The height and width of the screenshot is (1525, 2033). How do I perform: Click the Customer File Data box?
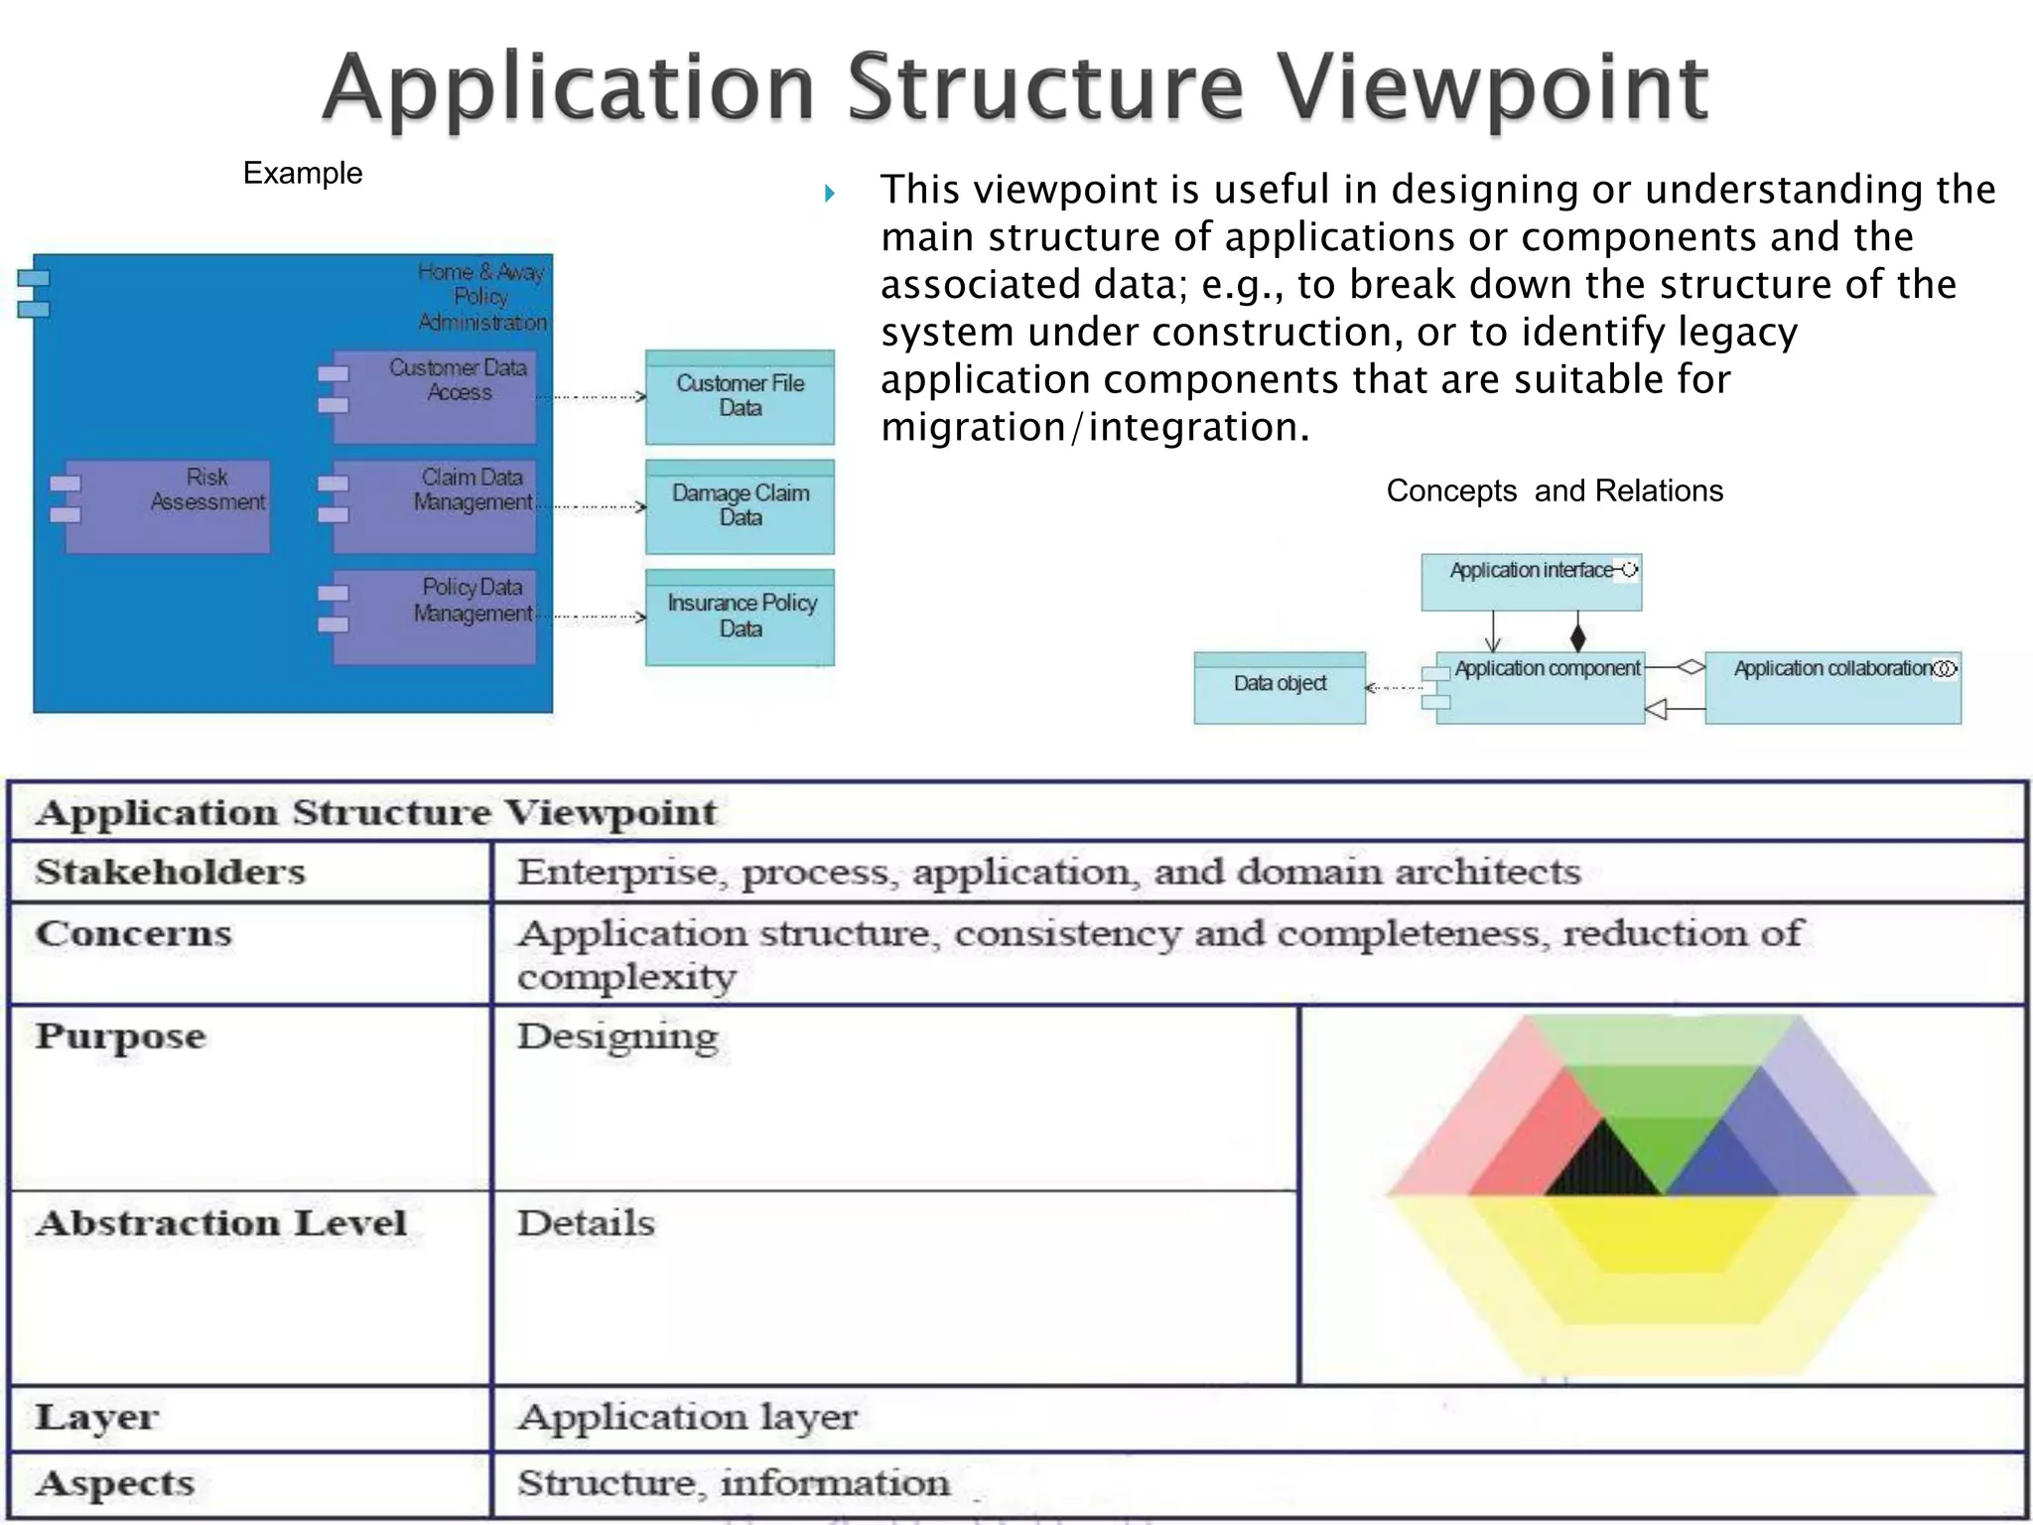click(740, 397)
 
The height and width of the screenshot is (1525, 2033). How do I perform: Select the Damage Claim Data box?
click(740, 506)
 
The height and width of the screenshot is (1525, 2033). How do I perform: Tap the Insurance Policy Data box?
click(740, 617)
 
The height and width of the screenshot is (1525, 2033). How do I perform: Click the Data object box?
click(1280, 687)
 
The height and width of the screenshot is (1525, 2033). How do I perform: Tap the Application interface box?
click(1531, 582)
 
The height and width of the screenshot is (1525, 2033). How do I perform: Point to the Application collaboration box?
click(1832, 687)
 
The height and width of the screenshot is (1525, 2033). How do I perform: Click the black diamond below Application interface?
click(1577, 636)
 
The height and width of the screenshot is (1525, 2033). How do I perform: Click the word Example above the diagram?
click(303, 174)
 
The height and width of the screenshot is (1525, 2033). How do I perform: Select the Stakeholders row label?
click(171, 872)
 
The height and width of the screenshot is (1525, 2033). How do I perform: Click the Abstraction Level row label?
click(221, 1223)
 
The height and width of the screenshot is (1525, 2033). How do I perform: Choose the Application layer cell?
click(687, 1417)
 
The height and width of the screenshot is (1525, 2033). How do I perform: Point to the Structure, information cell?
click(734, 1483)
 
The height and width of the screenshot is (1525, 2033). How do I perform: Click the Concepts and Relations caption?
click(1555, 491)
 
